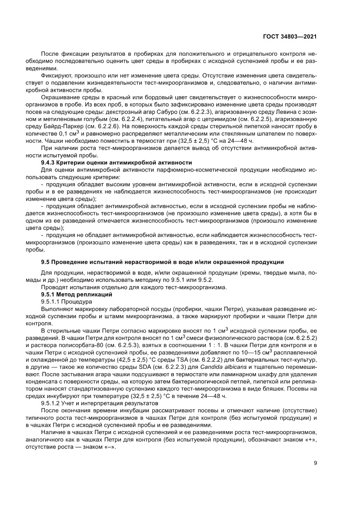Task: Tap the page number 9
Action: (x=316, y=463)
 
